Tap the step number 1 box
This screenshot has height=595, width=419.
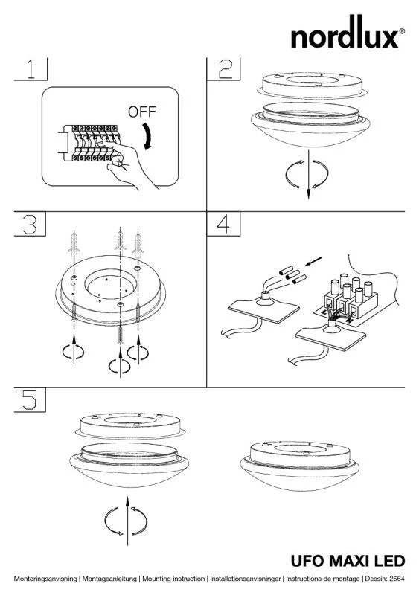click(31, 69)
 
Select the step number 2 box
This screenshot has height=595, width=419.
click(223, 69)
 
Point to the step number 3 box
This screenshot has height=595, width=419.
click(30, 224)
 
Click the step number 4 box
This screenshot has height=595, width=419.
click(223, 224)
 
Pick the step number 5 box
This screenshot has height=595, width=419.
click(30, 400)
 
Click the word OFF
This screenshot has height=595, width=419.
click(142, 112)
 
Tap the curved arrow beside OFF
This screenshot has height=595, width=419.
click(148, 136)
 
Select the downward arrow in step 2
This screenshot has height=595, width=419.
click(308, 175)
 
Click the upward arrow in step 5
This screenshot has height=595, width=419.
click(128, 520)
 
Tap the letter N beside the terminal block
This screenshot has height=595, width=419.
click(348, 321)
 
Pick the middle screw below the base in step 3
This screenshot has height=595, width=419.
click(121, 329)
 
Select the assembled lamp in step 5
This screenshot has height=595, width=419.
click(299, 465)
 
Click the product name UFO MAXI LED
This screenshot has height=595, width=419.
click(348, 561)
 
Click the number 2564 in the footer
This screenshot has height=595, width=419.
click(397, 579)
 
